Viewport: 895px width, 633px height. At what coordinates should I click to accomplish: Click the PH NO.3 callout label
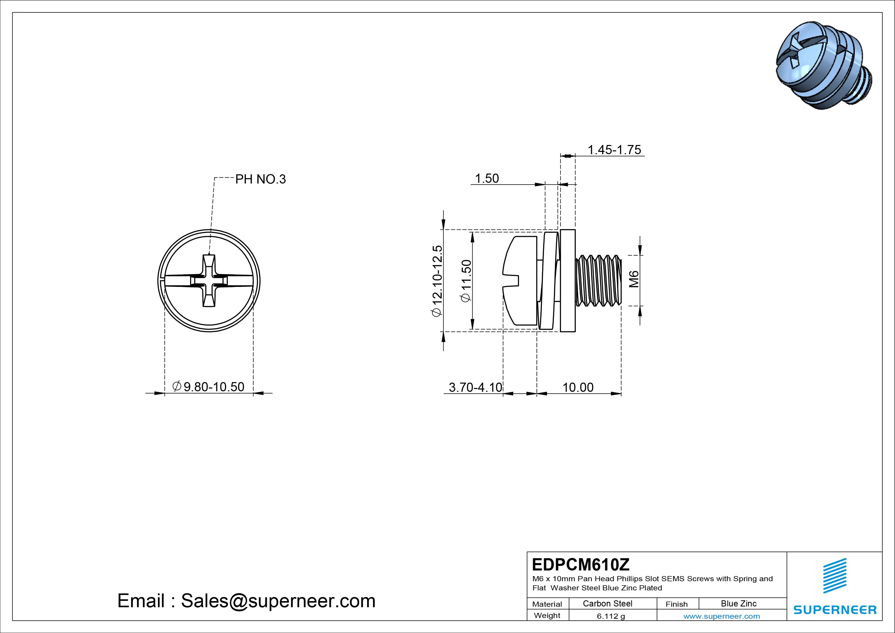[x=260, y=179]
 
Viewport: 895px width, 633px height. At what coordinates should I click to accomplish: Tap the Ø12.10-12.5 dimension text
[x=437, y=281]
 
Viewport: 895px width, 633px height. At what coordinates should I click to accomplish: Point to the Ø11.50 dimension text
[x=467, y=281]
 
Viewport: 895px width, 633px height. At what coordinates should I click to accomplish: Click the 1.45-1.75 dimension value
[x=614, y=150]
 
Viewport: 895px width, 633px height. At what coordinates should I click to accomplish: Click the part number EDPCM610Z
[x=580, y=564]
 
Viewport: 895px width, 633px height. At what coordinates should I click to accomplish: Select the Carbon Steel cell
[x=607, y=603]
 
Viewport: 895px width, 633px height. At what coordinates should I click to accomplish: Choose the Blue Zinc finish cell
[x=738, y=603]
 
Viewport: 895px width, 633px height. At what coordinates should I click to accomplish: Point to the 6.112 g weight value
[x=611, y=616]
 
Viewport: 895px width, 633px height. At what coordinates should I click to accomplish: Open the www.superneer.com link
[x=722, y=616]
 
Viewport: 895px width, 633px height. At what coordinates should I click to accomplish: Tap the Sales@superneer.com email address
[x=278, y=601]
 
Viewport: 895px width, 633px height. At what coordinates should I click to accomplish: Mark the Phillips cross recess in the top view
[x=209, y=281]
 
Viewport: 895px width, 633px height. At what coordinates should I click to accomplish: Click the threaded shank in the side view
[x=598, y=281]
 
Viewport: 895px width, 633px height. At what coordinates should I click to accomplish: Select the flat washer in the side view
[x=568, y=281]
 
